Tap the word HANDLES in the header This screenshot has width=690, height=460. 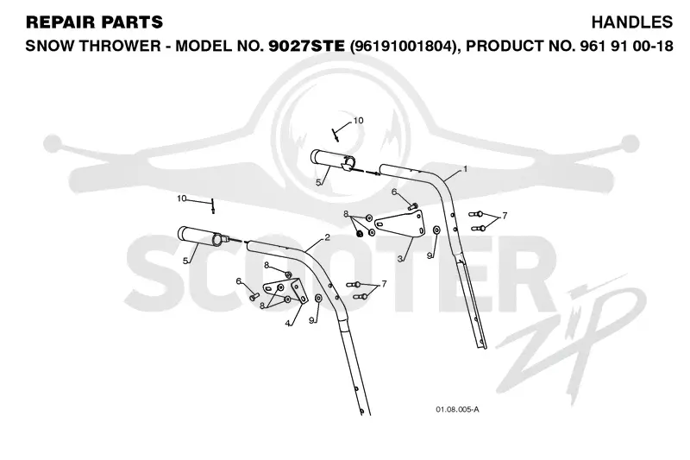tap(632, 22)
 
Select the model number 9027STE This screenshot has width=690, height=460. tap(306, 46)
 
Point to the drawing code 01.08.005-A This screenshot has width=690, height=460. tap(457, 409)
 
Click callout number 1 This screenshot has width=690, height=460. tap(465, 168)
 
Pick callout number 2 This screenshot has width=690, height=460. tap(327, 237)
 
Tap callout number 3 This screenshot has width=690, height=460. tap(399, 259)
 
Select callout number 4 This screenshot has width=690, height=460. tap(287, 323)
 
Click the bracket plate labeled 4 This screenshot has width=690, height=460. tap(286, 291)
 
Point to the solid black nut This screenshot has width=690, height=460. tap(359, 233)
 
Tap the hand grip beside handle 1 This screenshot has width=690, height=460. tap(332, 160)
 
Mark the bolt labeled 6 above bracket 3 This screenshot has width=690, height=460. tap(412, 205)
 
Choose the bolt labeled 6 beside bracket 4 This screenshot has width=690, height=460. tap(254, 297)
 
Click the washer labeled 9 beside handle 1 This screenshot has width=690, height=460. tap(436, 230)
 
